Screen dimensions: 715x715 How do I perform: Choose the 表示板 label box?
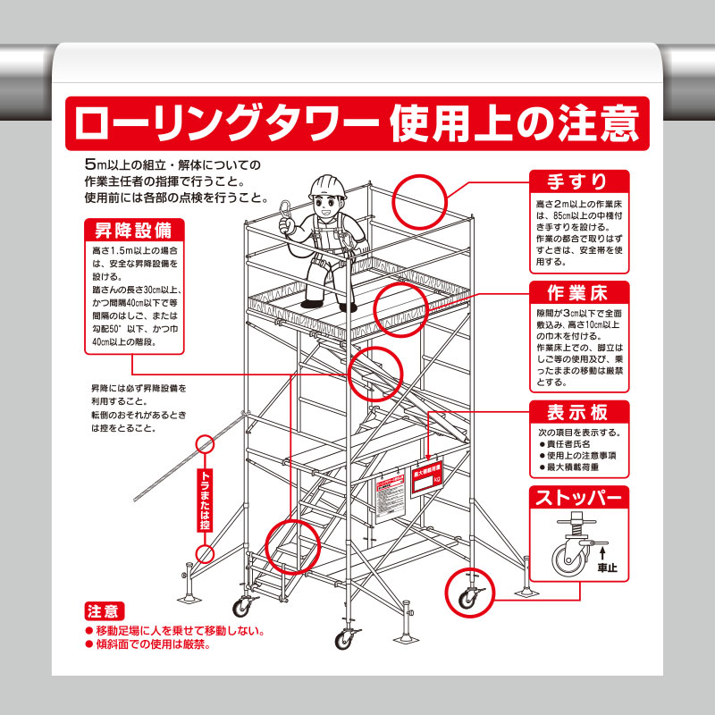(x=579, y=412)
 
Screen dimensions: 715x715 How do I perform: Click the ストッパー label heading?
(x=579, y=497)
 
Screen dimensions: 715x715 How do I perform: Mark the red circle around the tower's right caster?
(x=468, y=592)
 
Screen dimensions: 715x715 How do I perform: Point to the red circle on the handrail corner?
(x=419, y=196)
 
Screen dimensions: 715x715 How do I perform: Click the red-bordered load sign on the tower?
(x=426, y=475)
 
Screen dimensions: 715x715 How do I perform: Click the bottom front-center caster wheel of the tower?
(x=345, y=638)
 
